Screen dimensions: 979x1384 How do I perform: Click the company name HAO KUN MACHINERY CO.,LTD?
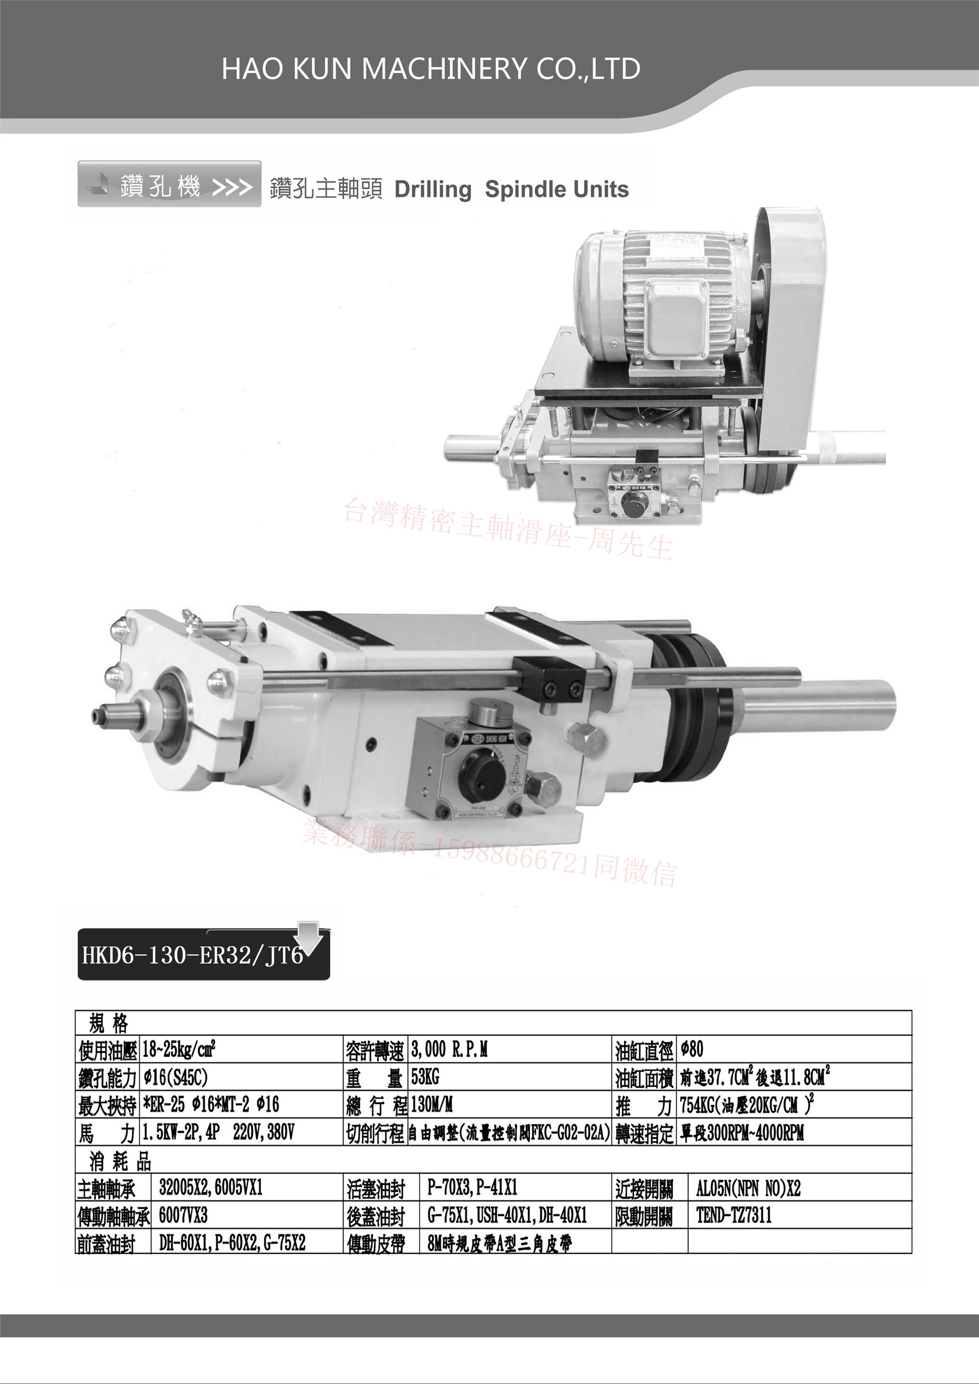431,69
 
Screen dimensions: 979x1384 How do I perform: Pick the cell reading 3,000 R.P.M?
449,1050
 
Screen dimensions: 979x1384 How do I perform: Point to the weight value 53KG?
425,1077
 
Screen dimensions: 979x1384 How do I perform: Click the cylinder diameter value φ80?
692,1050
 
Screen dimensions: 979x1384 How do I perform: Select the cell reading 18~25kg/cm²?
179,1050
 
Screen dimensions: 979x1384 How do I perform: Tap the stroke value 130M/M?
432,1104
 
